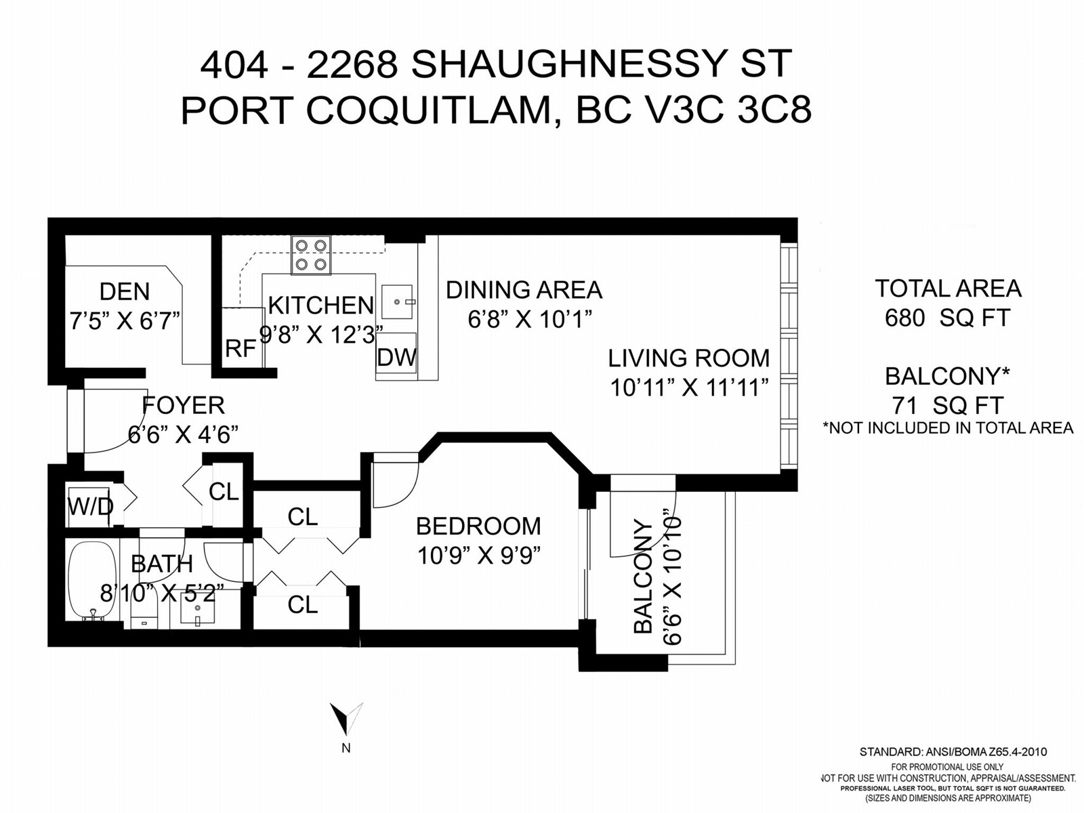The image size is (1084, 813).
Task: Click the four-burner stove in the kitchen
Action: click(x=310, y=255)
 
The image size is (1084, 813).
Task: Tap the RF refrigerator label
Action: click(x=241, y=348)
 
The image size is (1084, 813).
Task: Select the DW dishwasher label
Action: click(x=396, y=357)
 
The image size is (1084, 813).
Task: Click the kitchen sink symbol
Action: click(x=396, y=301)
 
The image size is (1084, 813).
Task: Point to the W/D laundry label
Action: click(x=90, y=506)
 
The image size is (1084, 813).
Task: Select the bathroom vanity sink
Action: click(x=198, y=608)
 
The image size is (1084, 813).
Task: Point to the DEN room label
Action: click(x=125, y=291)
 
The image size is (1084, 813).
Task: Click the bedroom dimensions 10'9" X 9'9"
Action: click(x=478, y=556)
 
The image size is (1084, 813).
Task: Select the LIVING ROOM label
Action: click(x=688, y=358)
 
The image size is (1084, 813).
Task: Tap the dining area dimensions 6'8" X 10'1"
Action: click(x=529, y=319)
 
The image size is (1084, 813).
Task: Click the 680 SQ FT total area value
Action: click(x=948, y=318)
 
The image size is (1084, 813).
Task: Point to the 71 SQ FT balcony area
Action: click(x=948, y=406)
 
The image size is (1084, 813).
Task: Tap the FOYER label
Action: click(x=183, y=405)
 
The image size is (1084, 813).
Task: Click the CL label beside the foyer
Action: click(x=224, y=491)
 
